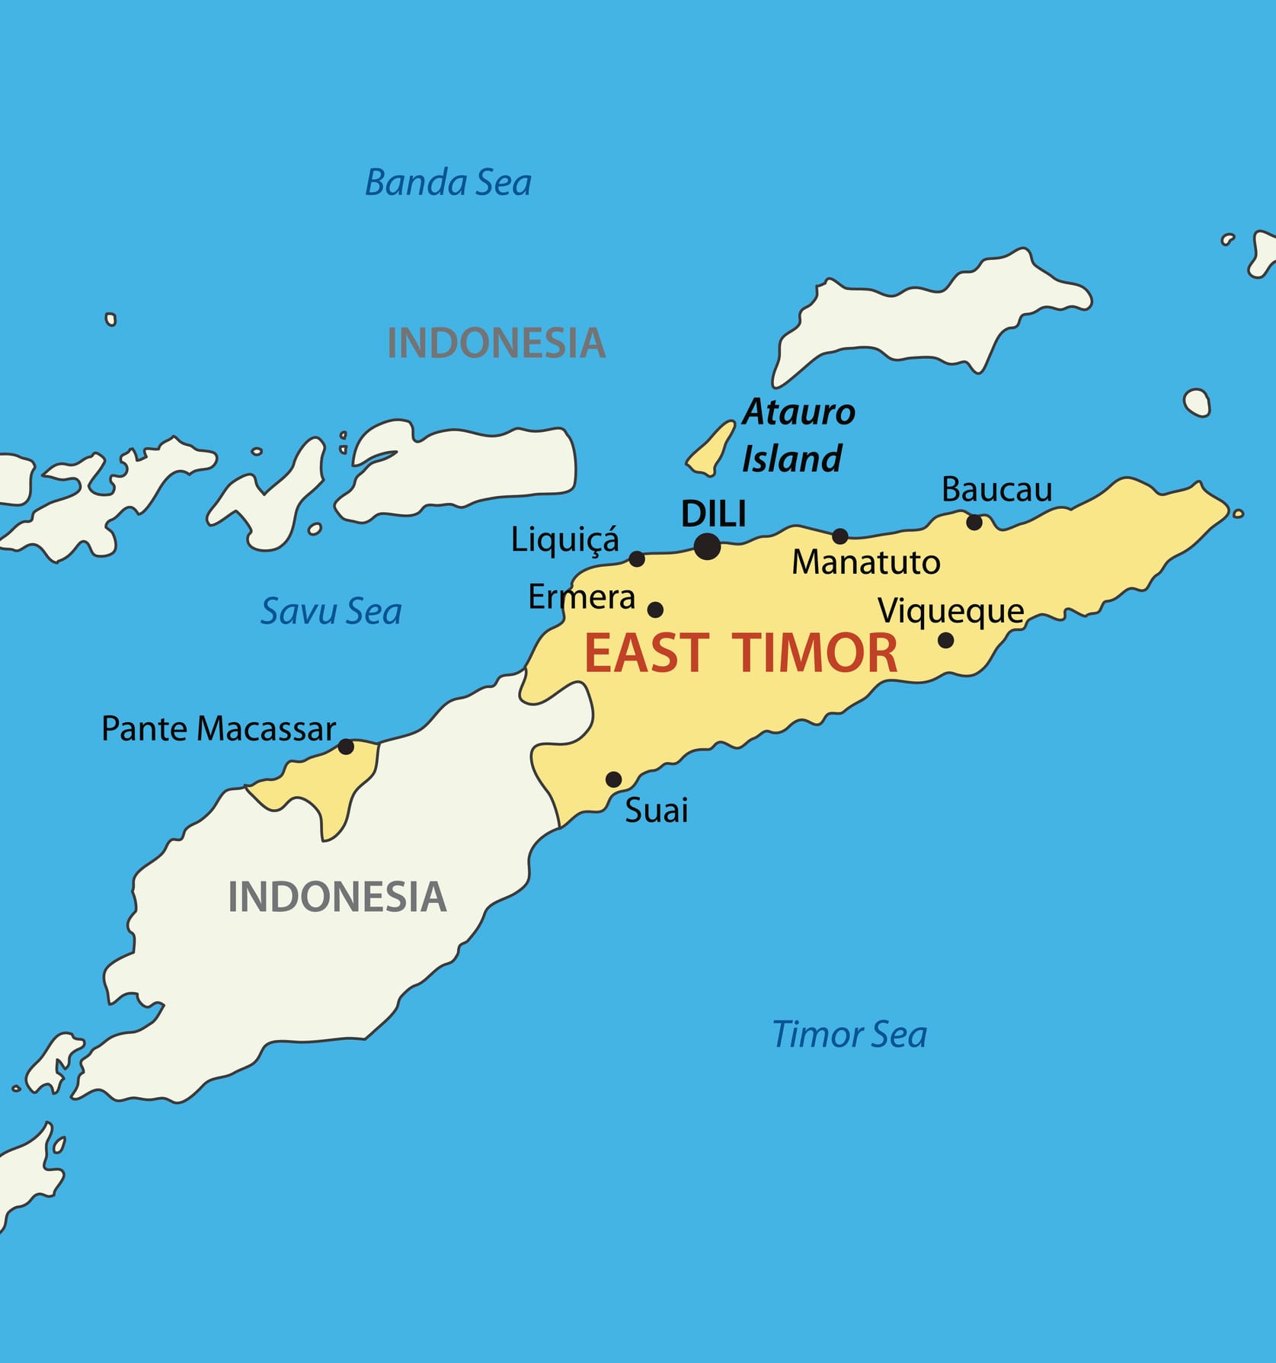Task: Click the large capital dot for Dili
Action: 707,546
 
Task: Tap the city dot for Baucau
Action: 974,522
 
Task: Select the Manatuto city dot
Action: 839,536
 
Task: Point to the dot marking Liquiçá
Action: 637,559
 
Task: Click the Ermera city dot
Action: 655,610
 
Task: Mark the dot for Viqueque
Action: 945,640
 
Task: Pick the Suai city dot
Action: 613,779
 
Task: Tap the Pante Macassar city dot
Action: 346,747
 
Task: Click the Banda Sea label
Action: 448,183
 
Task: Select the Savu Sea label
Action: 331,611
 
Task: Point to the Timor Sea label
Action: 849,1035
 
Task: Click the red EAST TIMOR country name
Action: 740,654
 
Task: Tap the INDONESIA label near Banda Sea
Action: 496,343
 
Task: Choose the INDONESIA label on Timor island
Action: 337,896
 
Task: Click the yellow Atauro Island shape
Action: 711,450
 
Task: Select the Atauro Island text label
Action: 797,435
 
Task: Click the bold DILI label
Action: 713,514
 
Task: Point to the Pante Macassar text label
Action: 219,729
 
